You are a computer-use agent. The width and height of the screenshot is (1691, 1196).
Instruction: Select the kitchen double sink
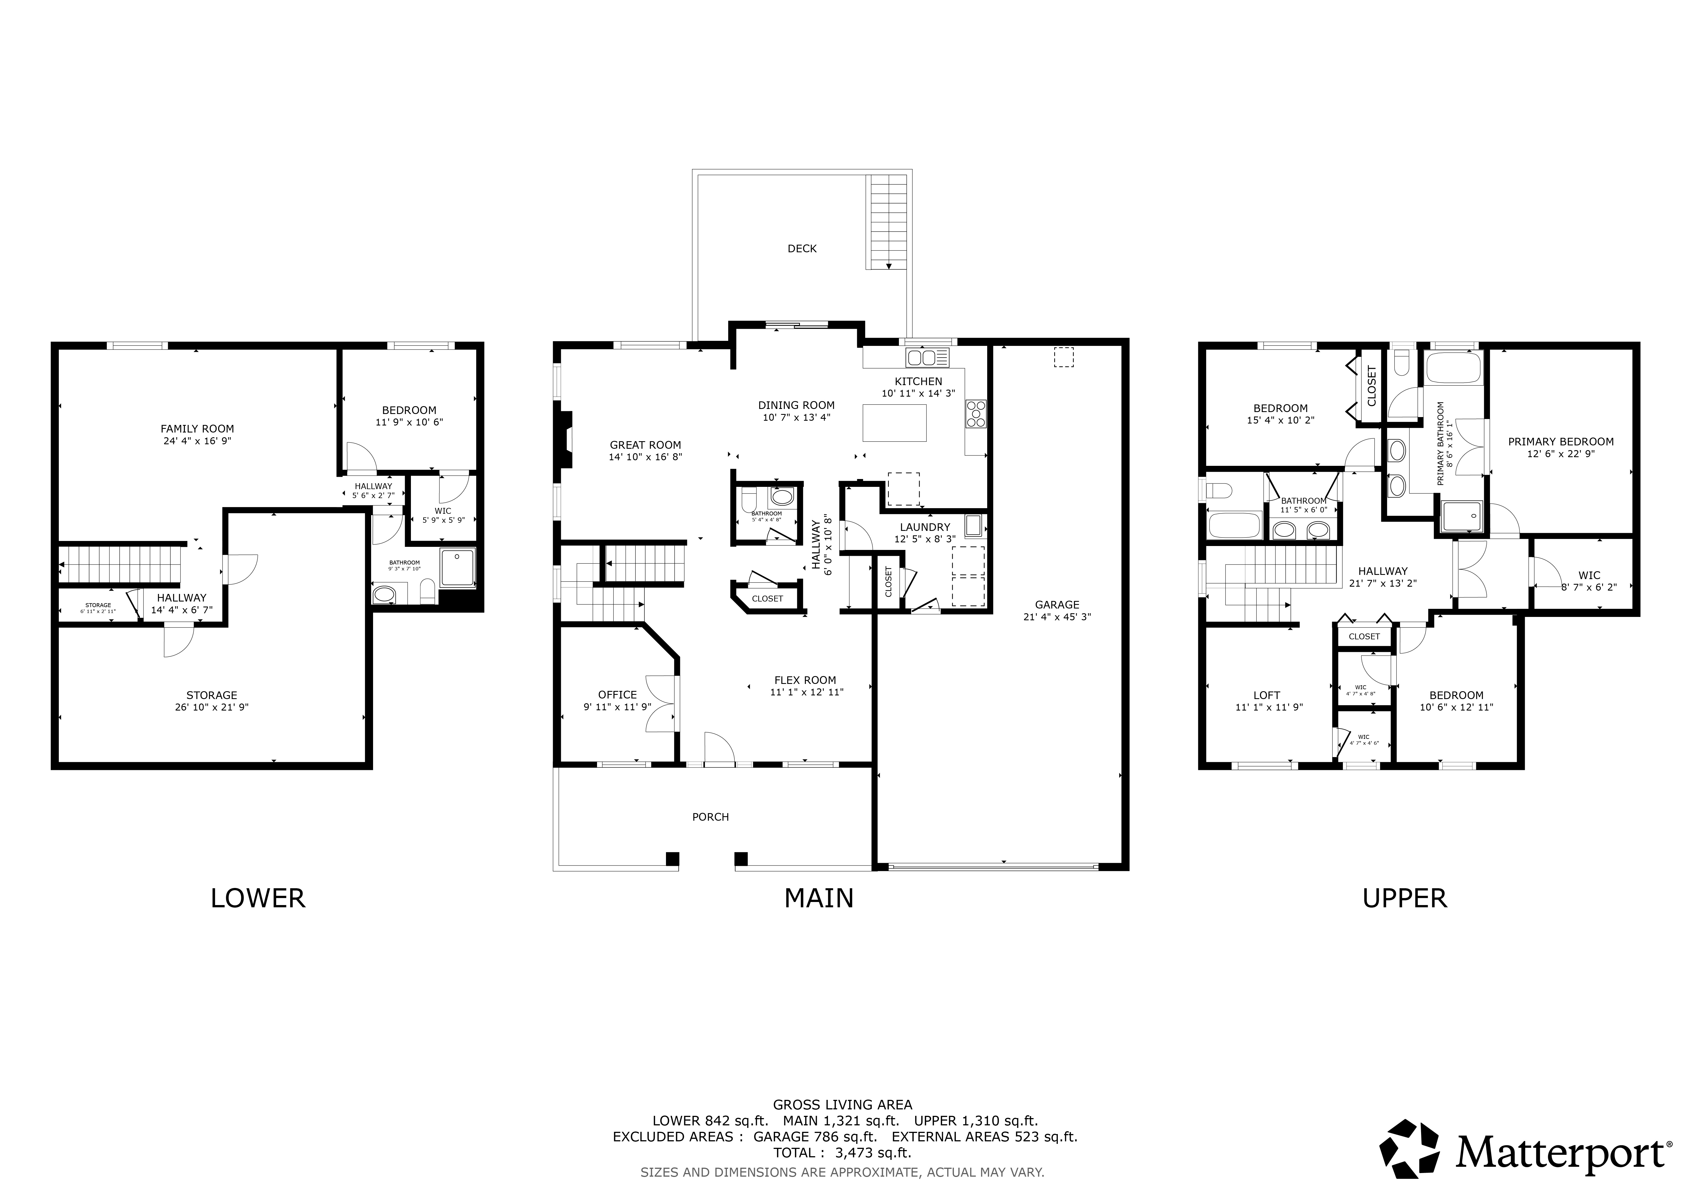[x=927, y=358]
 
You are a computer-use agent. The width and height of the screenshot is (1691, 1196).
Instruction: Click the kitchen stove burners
[x=976, y=414]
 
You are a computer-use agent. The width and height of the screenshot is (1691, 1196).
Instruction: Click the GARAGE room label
[x=1057, y=605]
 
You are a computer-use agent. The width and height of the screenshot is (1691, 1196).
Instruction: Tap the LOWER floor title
[x=258, y=899]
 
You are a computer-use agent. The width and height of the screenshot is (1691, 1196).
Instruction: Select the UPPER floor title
[x=1405, y=899]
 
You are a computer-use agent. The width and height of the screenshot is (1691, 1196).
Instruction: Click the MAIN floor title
[x=819, y=899]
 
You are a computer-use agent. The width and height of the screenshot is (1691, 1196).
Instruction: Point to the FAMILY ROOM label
[x=197, y=429]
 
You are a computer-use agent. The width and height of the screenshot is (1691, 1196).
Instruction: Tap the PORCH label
[x=711, y=817]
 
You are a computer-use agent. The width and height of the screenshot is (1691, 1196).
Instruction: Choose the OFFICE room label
[x=617, y=695]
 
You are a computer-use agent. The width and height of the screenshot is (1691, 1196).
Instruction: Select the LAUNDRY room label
[x=925, y=527]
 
